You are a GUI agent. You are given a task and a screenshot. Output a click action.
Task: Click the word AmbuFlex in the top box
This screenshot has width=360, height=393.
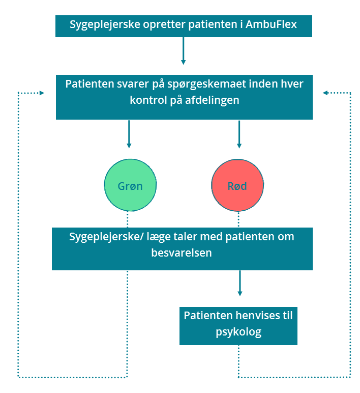(x=271, y=24)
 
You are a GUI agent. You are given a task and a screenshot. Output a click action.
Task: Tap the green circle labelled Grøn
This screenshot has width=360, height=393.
(x=130, y=185)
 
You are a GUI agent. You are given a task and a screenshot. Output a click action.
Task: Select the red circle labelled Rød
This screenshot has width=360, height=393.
(x=237, y=185)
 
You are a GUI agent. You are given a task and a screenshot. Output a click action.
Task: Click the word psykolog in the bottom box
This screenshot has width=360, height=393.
(x=238, y=332)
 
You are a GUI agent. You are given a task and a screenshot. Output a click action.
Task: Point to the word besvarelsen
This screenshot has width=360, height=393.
(x=182, y=252)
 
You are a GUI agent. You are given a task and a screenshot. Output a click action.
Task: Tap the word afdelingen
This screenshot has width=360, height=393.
(x=212, y=100)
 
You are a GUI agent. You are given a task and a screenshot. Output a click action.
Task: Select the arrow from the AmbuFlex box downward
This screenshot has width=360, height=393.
(x=183, y=51)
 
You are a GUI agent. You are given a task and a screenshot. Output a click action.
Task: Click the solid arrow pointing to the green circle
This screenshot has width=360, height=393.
(x=129, y=134)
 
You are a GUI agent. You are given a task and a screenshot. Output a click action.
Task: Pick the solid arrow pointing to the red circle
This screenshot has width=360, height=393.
(x=239, y=134)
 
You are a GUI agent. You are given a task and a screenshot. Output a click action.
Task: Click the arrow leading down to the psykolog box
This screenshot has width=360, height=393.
(x=240, y=283)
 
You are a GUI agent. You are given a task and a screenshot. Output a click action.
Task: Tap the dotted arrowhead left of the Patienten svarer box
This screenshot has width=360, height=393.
(x=42, y=93)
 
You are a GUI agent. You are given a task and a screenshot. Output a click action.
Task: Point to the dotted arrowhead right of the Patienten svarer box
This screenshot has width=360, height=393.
(x=325, y=93)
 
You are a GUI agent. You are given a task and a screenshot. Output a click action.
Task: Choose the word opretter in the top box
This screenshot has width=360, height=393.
(x=164, y=25)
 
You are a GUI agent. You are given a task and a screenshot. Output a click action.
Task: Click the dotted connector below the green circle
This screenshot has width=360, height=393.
(x=128, y=219)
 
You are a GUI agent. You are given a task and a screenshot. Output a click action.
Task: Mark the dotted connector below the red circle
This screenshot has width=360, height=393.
(x=238, y=219)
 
